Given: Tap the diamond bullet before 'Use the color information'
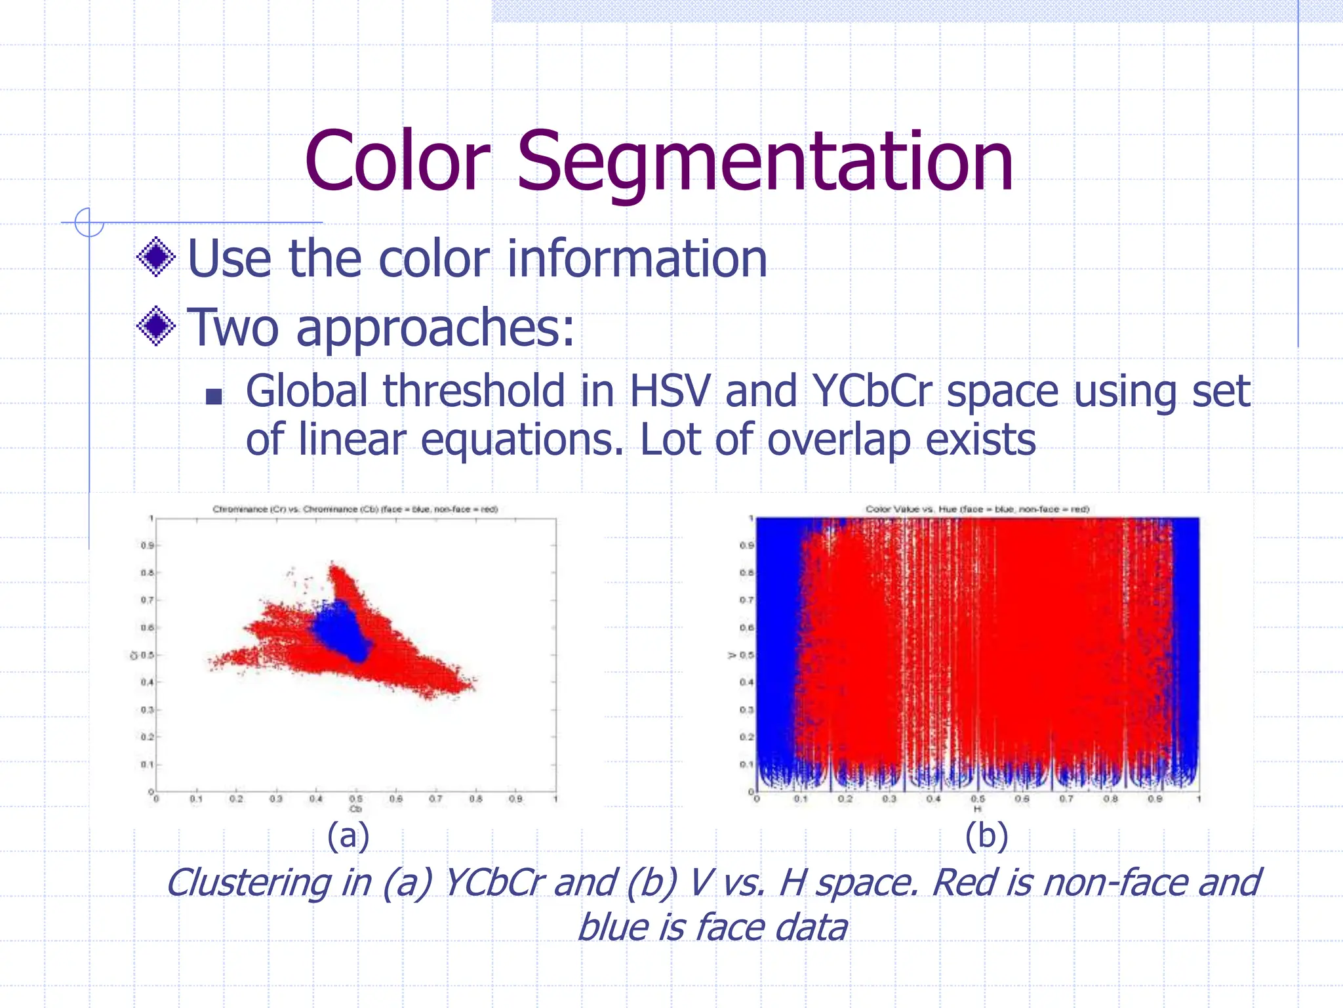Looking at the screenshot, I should (x=156, y=257).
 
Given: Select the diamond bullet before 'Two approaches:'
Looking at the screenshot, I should (x=156, y=326).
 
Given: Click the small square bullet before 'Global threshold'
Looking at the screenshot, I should (x=214, y=396).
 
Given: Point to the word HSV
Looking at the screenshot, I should (x=670, y=392).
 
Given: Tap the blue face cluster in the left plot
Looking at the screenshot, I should (x=341, y=630).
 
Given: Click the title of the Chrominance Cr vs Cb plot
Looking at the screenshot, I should (x=355, y=509).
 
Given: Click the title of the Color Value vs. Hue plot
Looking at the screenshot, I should (x=977, y=509).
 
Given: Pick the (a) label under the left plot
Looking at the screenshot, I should (x=348, y=836).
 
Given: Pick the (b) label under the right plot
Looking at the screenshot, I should (x=986, y=836).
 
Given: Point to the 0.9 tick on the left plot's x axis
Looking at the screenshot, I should (x=516, y=799).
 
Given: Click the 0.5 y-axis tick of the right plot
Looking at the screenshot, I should (x=747, y=655).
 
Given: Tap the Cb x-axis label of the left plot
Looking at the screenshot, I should (x=355, y=809).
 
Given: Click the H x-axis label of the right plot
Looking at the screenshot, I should (x=977, y=809).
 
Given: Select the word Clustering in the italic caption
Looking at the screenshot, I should (x=249, y=882).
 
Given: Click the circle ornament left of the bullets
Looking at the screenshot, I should (x=89, y=222).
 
